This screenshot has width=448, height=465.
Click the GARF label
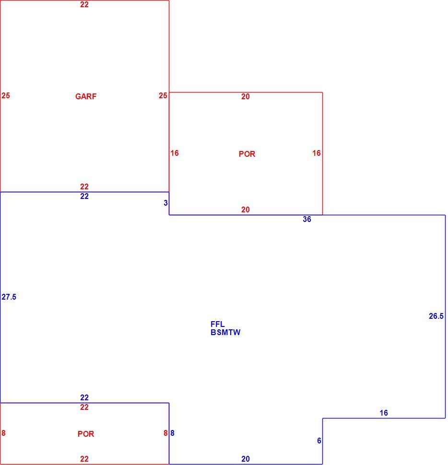[x=86, y=96]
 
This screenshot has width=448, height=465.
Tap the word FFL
[x=217, y=324]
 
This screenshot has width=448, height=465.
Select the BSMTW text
[x=225, y=332]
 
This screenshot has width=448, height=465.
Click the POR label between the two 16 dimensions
[x=247, y=154]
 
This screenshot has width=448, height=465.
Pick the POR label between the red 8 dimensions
[x=86, y=434]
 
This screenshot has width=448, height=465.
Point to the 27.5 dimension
[x=9, y=297]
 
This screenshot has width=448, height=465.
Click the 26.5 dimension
[x=436, y=316]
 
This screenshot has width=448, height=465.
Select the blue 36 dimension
[x=307, y=219]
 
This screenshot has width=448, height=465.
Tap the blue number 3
[x=165, y=203]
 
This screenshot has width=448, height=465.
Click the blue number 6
[x=319, y=441]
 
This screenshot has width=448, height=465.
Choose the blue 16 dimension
[x=384, y=413]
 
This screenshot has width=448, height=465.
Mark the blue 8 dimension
[x=172, y=433]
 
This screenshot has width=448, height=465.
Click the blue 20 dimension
[x=246, y=459]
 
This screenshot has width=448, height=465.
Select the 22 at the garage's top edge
[x=84, y=4]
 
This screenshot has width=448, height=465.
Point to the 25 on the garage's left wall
[x=6, y=95]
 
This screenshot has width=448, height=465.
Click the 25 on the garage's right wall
[x=163, y=95]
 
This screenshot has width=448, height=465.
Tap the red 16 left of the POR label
[x=175, y=153]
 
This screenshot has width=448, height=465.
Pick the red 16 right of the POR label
[x=316, y=153]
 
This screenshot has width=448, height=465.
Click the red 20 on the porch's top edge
[x=246, y=96]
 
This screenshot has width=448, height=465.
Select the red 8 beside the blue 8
[x=165, y=433]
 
